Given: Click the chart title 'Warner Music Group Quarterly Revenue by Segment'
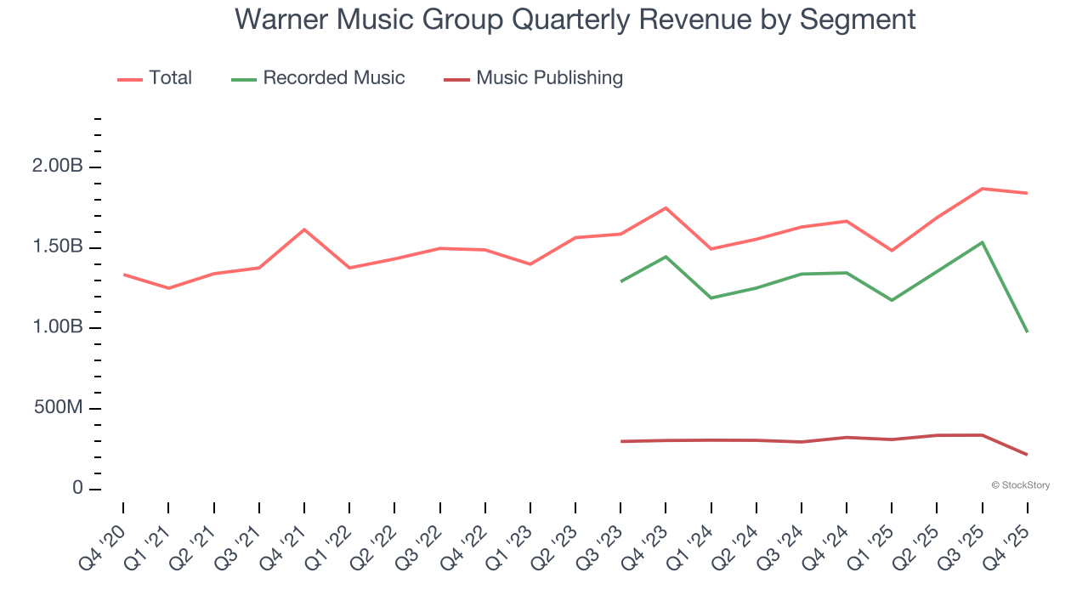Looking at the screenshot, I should pos(575,19).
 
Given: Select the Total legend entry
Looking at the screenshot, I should pos(155,78).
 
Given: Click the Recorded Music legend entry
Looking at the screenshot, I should pos(318,78).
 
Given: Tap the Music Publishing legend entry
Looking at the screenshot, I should pos(533,78).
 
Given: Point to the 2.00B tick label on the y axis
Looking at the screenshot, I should pos(57,167).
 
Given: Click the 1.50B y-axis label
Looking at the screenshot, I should pos(57,247).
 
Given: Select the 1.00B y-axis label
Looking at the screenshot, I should pos(57,328).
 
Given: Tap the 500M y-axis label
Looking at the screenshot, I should pos(59,409).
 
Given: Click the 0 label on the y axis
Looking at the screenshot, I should pos(78,489).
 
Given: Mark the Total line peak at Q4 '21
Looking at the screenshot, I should pos(304,229).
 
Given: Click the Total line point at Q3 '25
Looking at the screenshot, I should pos(982,189).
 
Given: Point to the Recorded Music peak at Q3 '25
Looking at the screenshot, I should pos(982,242).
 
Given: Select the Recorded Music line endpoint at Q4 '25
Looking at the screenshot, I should pos(1027,331).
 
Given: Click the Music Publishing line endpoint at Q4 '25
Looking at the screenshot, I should pos(1027,454).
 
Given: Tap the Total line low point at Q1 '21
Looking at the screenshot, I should pos(168,288).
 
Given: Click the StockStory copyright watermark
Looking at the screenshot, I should pos(1020,485).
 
